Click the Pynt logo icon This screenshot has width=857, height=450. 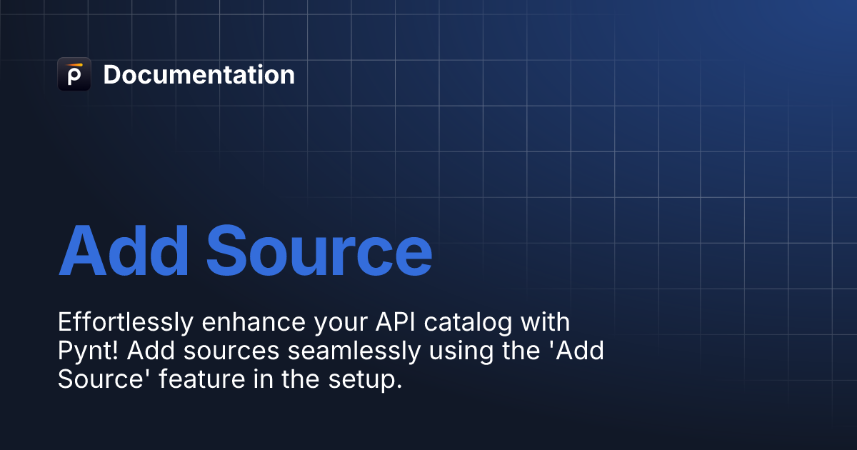[74, 74]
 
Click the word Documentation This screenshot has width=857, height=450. [199, 75]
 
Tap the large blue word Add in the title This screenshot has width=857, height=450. [124, 251]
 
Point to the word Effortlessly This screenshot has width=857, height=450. [125, 323]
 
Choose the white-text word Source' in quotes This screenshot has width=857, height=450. [102, 380]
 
